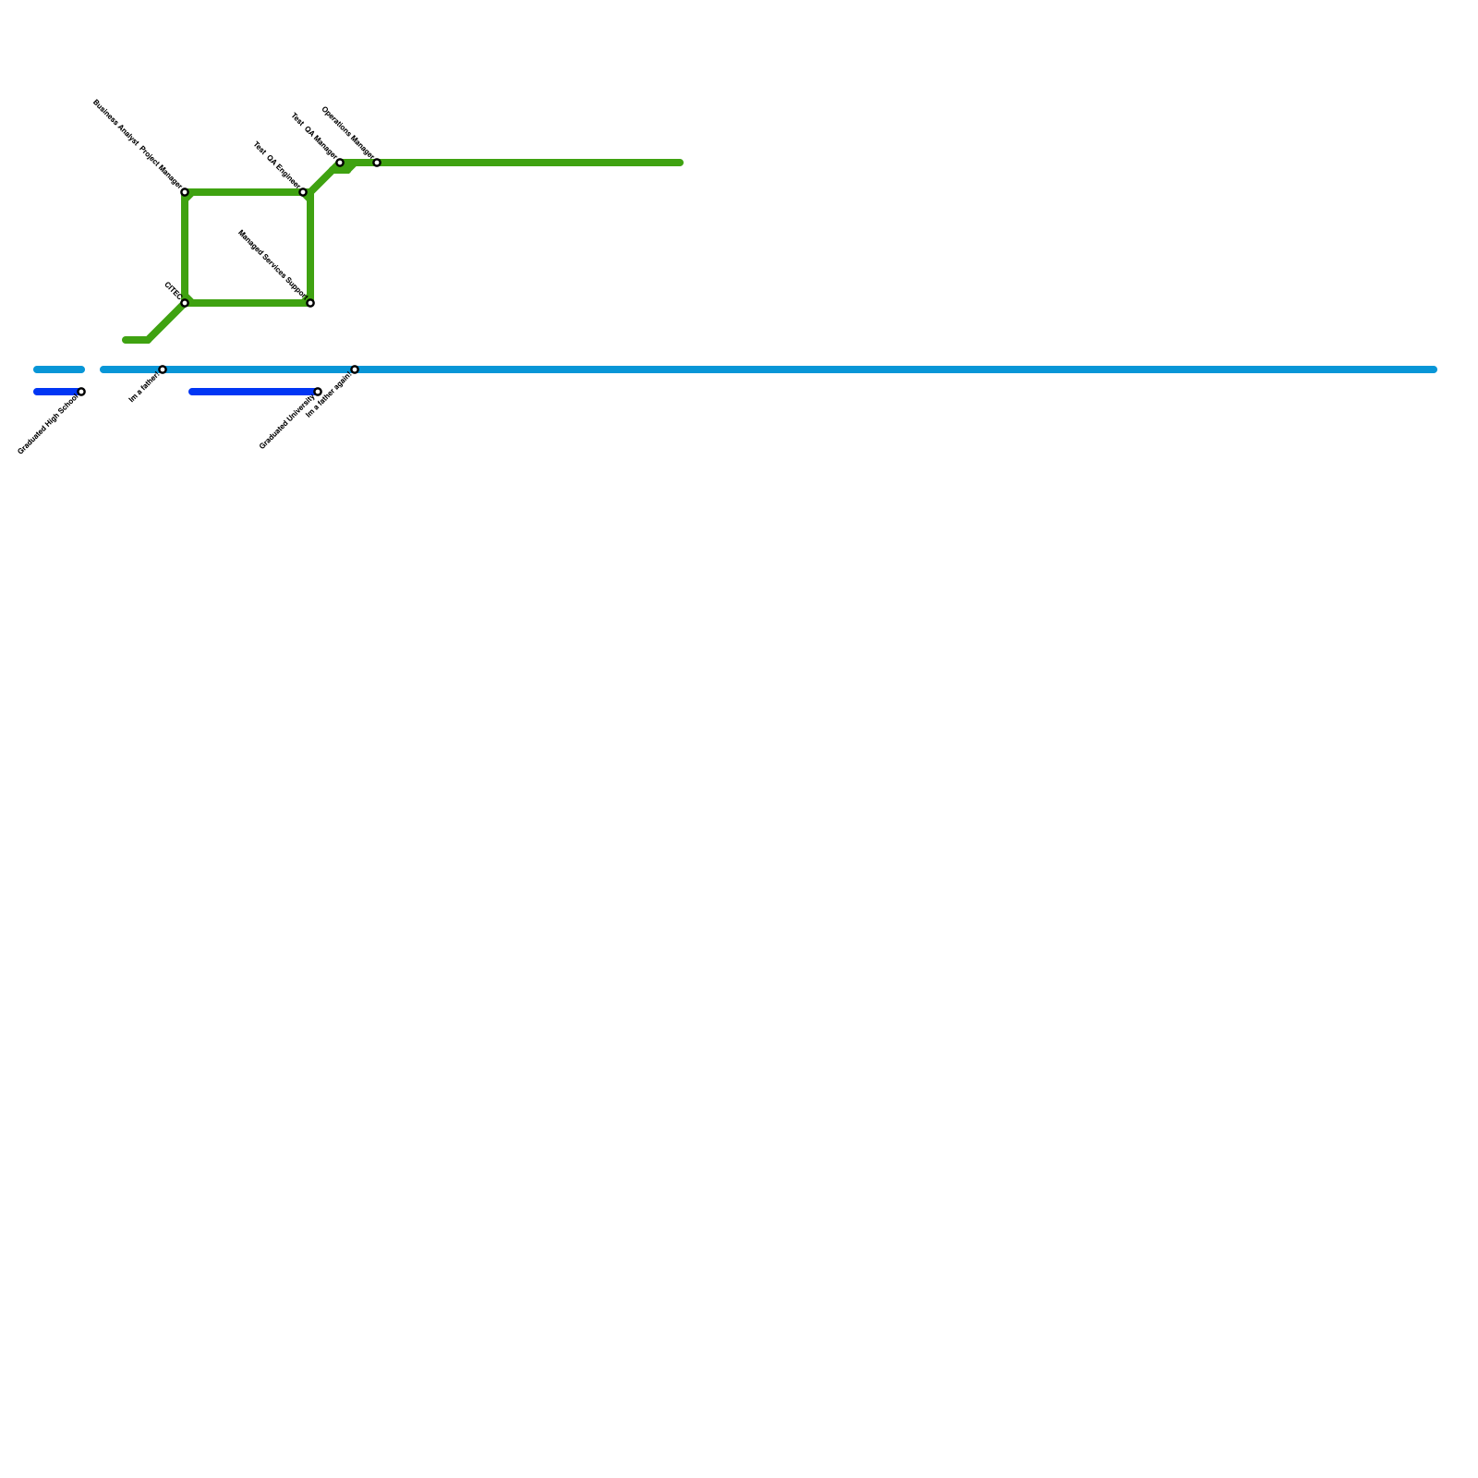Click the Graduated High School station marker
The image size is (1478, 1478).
tap(81, 392)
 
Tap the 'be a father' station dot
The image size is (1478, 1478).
tap(163, 369)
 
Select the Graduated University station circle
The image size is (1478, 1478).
tap(318, 392)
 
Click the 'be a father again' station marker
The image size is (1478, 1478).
tap(355, 369)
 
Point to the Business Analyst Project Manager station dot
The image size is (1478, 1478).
tap(185, 192)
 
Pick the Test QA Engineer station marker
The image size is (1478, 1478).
tap(303, 192)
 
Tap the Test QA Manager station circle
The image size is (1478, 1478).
tap(340, 163)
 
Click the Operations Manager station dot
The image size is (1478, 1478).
tap(377, 163)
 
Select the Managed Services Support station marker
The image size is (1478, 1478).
tap(310, 303)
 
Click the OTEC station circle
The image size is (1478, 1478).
tap(185, 303)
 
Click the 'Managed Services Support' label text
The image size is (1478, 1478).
tap(272, 264)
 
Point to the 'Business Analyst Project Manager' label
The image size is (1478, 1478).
tap(138, 144)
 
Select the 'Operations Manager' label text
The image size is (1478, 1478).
tap(347, 133)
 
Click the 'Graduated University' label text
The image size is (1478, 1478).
tap(287, 421)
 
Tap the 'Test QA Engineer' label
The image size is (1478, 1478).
tap(277, 165)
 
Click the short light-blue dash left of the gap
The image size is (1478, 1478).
tap(59, 369)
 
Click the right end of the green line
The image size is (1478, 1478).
tap(680, 163)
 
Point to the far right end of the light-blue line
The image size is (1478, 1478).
tap(1434, 369)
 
